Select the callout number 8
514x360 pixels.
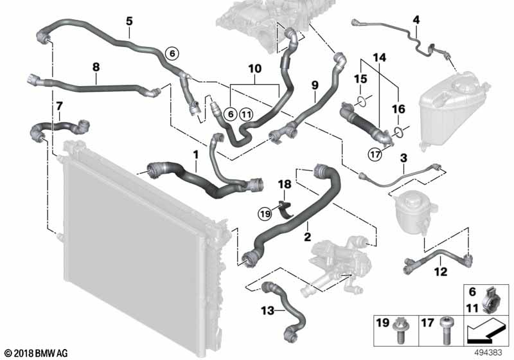click(96, 66)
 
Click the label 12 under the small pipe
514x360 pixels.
click(439, 272)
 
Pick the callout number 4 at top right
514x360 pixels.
click(416, 20)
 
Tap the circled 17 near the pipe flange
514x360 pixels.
click(375, 153)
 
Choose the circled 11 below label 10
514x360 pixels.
click(247, 113)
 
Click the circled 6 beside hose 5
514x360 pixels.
click(172, 53)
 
